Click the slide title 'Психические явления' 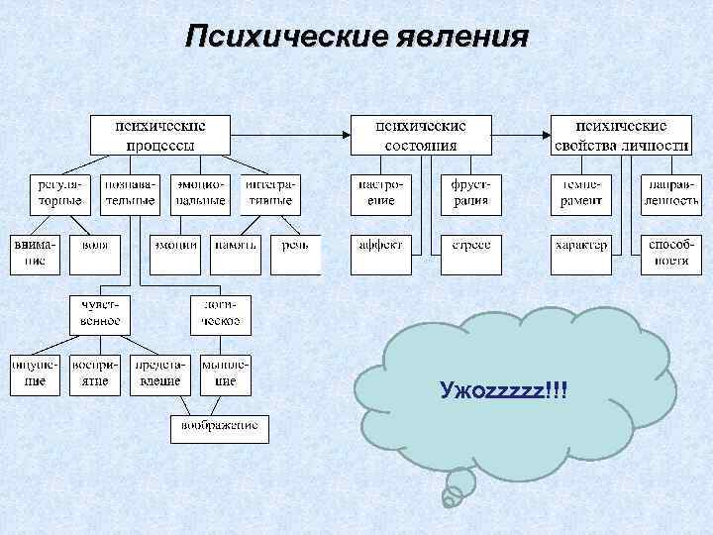pyautogui.click(x=356, y=38)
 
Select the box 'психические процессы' pyautogui.click(x=160, y=135)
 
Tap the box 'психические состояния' pyautogui.click(x=420, y=135)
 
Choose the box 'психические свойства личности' pyautogui.click(x=621, y=135)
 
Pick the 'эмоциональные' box pyautogui.click(x=201, y=193)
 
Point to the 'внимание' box pyautogui.click(x=36, y=253)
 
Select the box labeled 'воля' pyautogui.click(x=95, y=245)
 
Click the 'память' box pyautogui.click(x=235, y=245)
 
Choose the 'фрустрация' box pyautogui.click(x=470, y=193)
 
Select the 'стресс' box pyautogui.click(x=470, y=245)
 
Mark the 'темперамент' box pyautogui.click(x=579, y=193)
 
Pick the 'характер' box pyautogui.click(x=580, y=245)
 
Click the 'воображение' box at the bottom pyautogui.click(x=219, y=427)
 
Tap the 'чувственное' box pyautogui.click(x=95, y=313)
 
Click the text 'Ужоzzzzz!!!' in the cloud pyautogui.click(x=504, y=394)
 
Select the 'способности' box pyautogui.click(x=670, y=253)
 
